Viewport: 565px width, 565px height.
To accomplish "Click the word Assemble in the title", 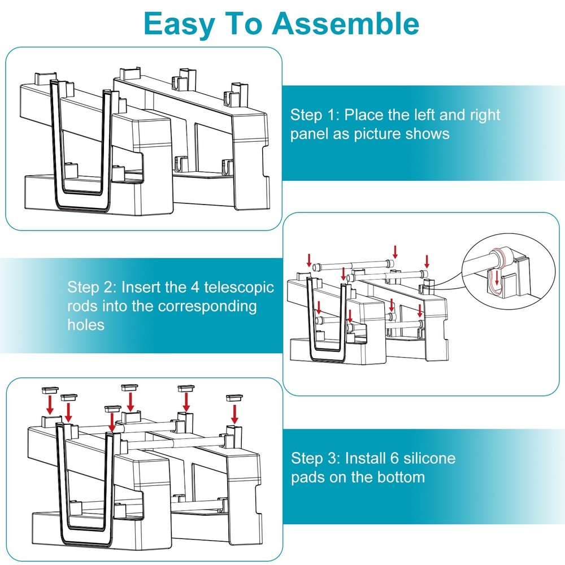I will point(346,24).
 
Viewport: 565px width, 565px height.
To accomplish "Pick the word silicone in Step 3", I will point(427,458).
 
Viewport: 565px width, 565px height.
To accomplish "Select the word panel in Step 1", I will point(310,134).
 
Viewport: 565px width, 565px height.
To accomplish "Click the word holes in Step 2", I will point(86,325).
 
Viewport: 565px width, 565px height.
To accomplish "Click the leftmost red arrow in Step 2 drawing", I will point(309,260).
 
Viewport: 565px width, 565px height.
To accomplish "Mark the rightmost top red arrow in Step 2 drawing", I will point(427,261).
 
